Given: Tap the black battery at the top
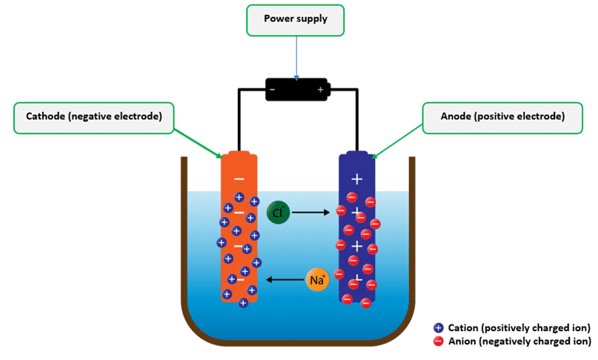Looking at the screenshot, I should point(297,90).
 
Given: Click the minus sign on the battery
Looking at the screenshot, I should point(273,90).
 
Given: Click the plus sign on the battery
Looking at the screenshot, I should point(321,90).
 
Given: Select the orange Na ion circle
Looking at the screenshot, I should point(316,280).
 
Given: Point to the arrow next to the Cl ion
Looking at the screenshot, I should point(310,213).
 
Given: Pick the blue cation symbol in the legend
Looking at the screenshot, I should point(438,327).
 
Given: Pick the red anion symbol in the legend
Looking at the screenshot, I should point(438,341).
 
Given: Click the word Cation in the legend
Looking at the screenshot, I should point(464,327).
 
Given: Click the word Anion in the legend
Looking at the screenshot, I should point(462,341).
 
